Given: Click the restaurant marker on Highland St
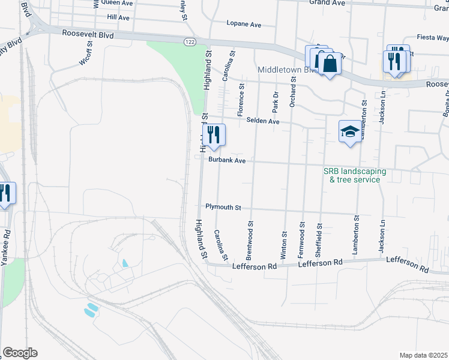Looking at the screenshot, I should coord(213,135).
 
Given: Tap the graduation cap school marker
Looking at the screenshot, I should coord(350,131).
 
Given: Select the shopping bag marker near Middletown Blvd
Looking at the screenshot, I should coord(330,62).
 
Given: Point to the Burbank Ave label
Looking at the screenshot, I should coord(227,161).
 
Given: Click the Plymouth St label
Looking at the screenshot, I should coord(223,207).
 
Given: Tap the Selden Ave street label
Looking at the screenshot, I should coord(263,121).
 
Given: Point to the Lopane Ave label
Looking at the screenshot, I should coord(244,25).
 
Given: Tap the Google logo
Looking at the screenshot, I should coord(20,352).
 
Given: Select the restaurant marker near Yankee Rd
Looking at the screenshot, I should coord(5,193).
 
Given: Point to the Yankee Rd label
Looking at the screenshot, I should coord(6,247).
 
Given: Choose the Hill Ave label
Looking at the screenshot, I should coord(118,18).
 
